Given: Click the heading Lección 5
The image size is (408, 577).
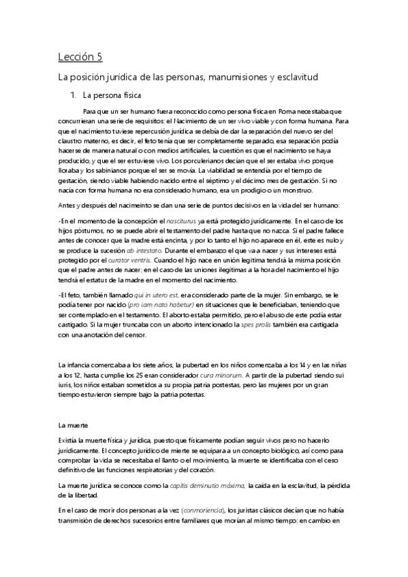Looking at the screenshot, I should (x=80, y=56).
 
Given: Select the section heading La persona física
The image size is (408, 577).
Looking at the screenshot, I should (x=112, y=95).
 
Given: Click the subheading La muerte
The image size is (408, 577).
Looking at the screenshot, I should (x=72, y=425).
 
